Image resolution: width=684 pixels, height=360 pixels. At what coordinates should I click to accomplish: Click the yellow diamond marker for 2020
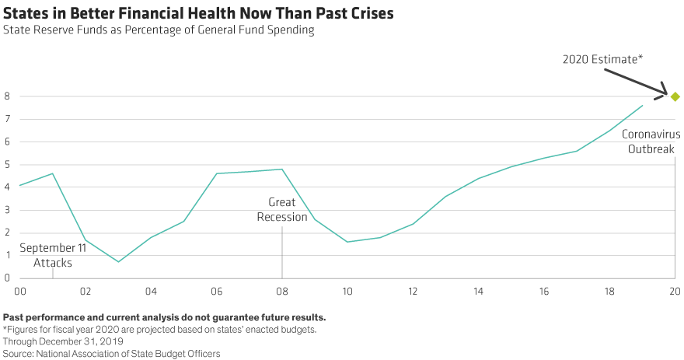tap(675, 96)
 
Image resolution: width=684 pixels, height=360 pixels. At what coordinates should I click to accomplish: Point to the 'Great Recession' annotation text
tap(282, 209)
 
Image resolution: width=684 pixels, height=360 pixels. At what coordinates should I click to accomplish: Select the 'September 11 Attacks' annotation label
tap(52, 256)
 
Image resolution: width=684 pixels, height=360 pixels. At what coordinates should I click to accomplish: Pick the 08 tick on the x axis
tap(282, 291)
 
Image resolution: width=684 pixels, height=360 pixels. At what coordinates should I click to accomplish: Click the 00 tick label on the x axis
tap(20, 291)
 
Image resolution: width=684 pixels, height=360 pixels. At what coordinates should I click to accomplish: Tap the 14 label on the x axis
tap(479, 291)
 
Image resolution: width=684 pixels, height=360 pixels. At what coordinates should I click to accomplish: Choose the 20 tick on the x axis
tap(675, 291)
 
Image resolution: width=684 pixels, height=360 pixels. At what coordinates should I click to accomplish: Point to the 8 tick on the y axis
tap(6, 96)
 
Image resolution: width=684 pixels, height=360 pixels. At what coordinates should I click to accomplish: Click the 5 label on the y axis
tap(6, 165)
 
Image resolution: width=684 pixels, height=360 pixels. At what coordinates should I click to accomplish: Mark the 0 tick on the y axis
tap(6, 278)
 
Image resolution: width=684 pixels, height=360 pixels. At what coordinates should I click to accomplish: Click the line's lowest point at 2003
tap(118, 261)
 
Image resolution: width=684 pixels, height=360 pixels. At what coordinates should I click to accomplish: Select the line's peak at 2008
tap(282, 169)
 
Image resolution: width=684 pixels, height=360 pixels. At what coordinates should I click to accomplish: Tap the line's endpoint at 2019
tap(643, 105)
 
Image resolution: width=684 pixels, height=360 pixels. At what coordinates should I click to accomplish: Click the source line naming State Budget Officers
tap(112, 352)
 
